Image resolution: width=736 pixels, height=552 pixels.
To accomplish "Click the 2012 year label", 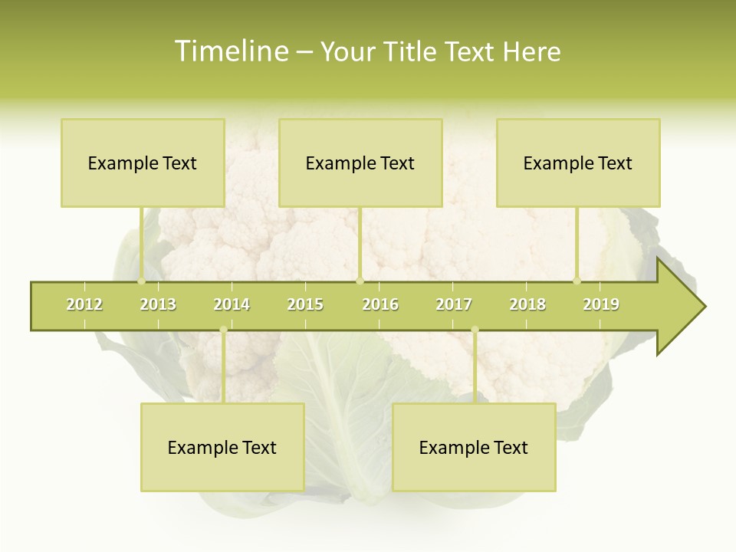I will point(84,304).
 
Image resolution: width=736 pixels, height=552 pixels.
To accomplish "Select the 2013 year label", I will point(158,304).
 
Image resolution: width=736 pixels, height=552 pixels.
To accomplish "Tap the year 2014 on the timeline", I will point(232,304).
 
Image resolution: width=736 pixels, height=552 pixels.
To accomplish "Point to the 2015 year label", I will point(305,304).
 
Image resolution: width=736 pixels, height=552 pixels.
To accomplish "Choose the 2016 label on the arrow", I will point(380,304).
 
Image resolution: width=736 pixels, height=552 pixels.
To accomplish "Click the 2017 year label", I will point(454,304).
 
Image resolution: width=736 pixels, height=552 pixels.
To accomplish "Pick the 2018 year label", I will point(527,304).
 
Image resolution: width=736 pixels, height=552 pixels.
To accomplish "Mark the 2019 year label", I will point(601,304).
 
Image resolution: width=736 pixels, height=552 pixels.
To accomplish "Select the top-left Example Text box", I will point(143,163).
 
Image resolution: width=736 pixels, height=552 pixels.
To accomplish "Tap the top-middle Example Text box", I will point(360,163).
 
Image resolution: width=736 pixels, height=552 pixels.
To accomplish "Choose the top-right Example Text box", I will point(578,163).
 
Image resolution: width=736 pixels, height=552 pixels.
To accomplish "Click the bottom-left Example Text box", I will point(222,447).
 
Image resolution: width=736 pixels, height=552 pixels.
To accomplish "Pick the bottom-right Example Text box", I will point(474,447).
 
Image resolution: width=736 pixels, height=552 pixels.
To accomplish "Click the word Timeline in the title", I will point(231,51).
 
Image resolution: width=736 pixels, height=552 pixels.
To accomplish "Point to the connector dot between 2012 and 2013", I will point(142,281).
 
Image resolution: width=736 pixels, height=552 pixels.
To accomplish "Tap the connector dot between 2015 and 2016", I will point(360,281).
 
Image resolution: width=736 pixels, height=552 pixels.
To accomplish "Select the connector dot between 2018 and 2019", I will point(577,281).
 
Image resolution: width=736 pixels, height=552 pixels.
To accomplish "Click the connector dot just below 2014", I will point(223,330).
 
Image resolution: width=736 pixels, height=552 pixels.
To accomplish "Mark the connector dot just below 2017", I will point(475,330).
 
